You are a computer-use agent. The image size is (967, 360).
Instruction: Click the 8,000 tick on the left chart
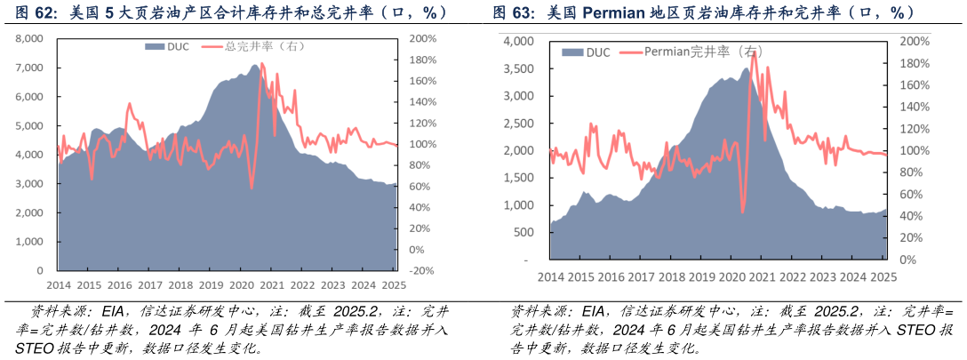pos(28,39)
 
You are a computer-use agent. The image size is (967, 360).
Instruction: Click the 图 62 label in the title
pos(32,13)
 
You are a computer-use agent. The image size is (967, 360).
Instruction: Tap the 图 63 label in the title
pos(514,13)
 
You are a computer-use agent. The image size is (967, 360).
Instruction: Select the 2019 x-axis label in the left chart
pos(211,284)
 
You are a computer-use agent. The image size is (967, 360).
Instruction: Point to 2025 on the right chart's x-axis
pos(883,276)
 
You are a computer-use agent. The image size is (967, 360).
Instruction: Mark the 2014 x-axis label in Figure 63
pos(551,276)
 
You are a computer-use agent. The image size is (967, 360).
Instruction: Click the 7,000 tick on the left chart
pos(28,68)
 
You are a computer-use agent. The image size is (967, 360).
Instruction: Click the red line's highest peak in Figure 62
pos(262,63)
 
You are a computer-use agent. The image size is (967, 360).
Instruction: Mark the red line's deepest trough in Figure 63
pos(742,212)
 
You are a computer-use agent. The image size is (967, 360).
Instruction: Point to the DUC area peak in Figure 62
pos(255,65)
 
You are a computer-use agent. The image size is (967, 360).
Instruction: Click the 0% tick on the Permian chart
pos(907,260)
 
